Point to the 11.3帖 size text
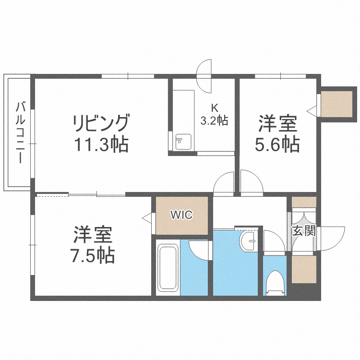click(101, 144)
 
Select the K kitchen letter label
click(214, 108)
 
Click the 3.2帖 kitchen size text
click(214, 120)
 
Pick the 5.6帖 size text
click(277, 144)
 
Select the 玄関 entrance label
click(304, 231)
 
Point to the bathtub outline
click(168, 267)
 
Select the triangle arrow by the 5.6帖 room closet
click(312, 110)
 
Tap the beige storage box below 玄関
click(304, 269)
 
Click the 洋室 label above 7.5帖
click(93, 235)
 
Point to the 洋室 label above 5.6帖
click(277, 124)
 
